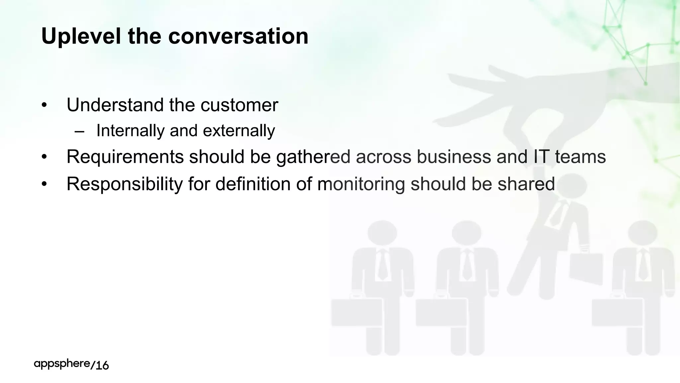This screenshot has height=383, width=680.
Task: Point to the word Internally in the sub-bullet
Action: pyautogui.click(x=130, y=130)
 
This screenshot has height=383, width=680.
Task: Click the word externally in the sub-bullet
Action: pyautogui.click(x=239, y=130)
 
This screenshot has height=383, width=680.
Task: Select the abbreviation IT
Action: pyautogui.click(x=541, y=157)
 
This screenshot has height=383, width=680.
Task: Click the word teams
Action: pyautogui.click(x=580, y=157)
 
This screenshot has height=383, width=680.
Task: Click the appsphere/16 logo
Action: pyautogui.click(x=71, y=364)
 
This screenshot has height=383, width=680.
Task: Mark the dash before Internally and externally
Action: pyautogui.click(x=79, y=131)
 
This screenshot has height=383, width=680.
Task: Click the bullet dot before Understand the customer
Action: pyautogui.click(x=44, y=105)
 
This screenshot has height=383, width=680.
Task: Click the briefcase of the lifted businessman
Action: pyautogui.click(x=586, y=267)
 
